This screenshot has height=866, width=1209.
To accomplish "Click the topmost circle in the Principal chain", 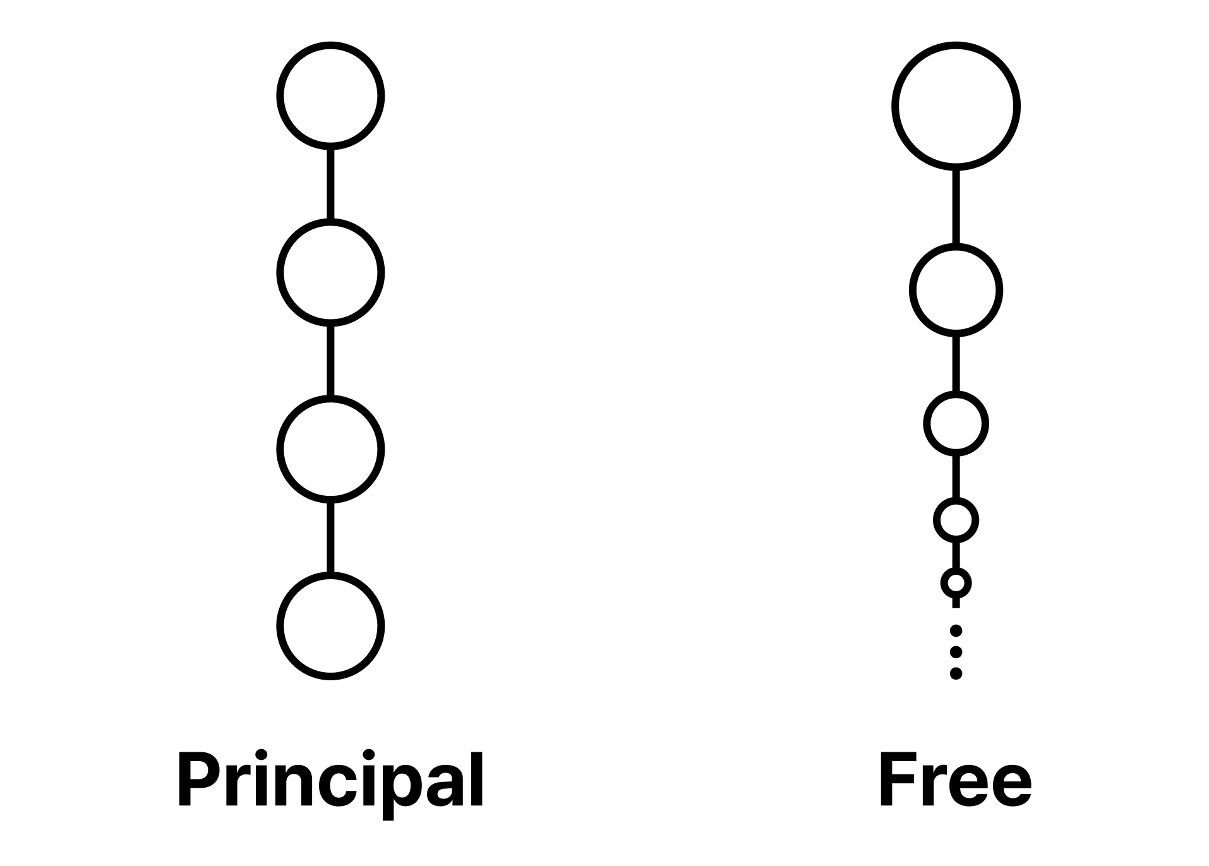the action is point(330,44).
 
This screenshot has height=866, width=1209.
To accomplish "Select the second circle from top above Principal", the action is point(330,220).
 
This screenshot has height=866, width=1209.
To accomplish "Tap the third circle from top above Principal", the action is point(330,397).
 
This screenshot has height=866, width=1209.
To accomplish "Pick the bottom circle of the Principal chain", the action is point(330,574).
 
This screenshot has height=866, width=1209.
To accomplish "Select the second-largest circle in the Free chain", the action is point(956,246).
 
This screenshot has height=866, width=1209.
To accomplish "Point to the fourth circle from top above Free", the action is point(956,500).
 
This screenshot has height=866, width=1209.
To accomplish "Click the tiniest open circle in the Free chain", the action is point(956,569).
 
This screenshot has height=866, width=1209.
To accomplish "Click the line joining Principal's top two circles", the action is point(330,184).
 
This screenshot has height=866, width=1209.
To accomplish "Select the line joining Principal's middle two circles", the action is point(330,361).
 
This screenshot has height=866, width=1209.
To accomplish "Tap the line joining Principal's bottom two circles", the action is point(330,538).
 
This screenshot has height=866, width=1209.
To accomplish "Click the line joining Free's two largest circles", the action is point(956,207).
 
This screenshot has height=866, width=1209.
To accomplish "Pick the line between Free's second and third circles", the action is point(956,364).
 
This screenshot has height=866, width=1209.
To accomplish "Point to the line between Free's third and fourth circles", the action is point(956,476).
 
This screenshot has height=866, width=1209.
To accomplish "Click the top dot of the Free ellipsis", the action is point(956,630).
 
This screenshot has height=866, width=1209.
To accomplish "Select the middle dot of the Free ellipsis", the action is point(956,652).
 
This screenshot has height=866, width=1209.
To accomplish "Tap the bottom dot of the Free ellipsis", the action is point(956,673).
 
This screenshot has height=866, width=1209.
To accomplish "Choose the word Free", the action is point(956,780).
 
